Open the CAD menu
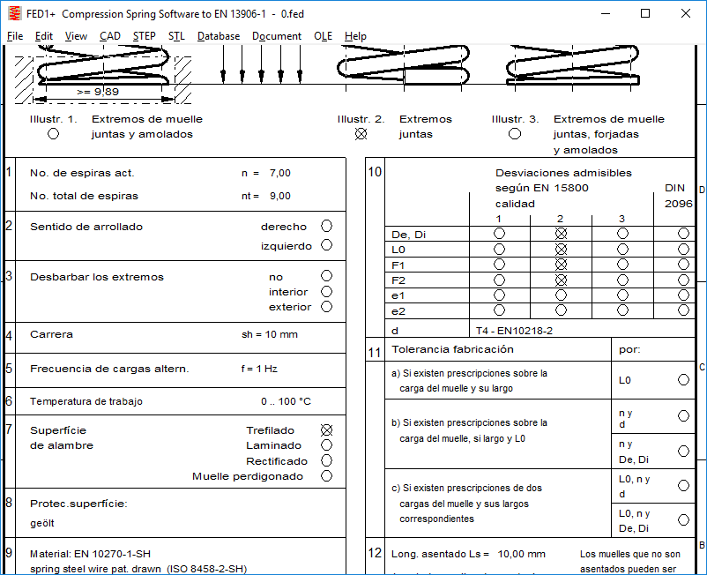pos(110,36)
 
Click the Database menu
pos(219,36)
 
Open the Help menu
pos(355,36)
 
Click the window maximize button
pos(645,13)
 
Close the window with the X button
pos(686,13)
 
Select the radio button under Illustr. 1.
pos(53,134)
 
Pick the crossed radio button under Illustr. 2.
pos(361,134)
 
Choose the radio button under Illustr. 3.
pos(515,134)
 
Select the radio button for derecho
pos(327,227)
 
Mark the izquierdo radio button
pos(327,245)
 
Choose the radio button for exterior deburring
pos(327,307)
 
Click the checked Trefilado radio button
pos(327,430)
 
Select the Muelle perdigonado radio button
pos(327,476)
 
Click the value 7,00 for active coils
pos(279,174)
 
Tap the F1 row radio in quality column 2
pos(561,265)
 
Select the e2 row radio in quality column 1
pos(499,310)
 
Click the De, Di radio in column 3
pos(622,234)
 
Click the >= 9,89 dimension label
pos(97,91)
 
